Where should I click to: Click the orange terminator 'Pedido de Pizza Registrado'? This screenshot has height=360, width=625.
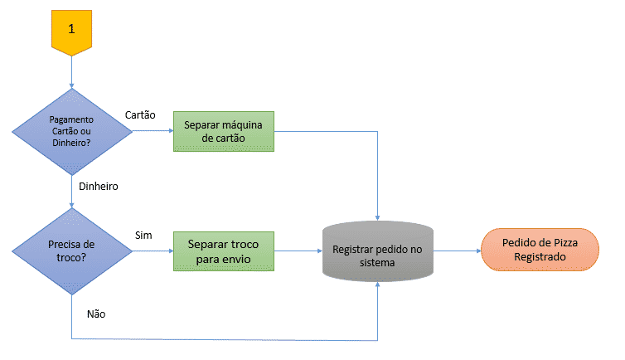(540, 251)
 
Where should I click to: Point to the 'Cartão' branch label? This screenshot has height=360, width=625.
(140, 114)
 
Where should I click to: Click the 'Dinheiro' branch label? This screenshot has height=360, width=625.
(98, 187)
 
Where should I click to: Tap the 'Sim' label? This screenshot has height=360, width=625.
(143, 236)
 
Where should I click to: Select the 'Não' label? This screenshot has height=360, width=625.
(96, 314)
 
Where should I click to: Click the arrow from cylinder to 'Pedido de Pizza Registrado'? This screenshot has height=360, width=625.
(457, 251)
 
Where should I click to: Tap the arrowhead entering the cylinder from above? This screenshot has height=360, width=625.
(378, 216)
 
